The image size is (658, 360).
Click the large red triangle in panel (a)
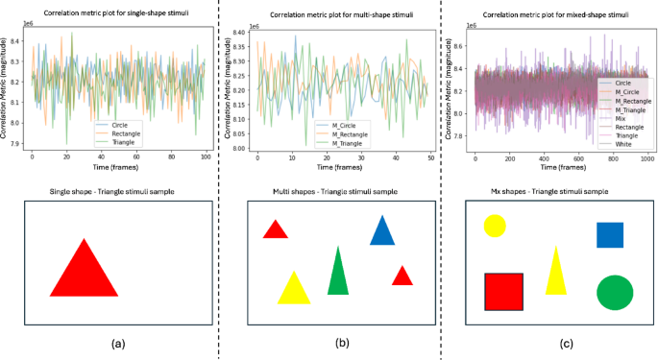coord(84,272)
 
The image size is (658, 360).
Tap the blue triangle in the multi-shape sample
coord(382,232)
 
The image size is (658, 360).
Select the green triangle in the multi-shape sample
coord(338,274)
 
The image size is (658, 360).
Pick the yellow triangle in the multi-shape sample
coord(294,290)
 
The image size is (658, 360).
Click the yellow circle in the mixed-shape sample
coord(495,226)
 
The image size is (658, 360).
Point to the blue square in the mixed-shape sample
coord(610,235)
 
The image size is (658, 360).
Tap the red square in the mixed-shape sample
coord(503,292)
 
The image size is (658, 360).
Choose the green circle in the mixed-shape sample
coord(615,293)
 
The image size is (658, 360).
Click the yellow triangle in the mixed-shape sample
coord(555,274)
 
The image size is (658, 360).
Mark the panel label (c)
coord(567,344)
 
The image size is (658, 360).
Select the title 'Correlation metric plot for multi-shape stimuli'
coord(340,15)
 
